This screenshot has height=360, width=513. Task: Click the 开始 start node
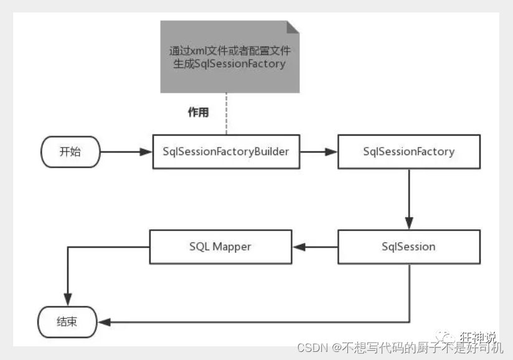[x=70, y=151]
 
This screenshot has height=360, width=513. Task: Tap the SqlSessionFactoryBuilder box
[x=226, y=151]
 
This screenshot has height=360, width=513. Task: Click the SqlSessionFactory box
[x=408, y=151]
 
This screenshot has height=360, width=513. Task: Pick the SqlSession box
[x=408, y=246]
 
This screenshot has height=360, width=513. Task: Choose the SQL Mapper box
[x=220, y=246]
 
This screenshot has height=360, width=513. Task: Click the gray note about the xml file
[x=230, y=57]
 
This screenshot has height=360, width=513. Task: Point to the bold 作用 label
[x=198, y=113]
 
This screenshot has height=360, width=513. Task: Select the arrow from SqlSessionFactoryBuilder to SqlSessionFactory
[x=318, y=151]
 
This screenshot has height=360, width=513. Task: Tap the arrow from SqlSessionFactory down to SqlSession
[x=409, y=199]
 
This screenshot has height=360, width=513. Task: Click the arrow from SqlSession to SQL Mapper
[x=315, y=247]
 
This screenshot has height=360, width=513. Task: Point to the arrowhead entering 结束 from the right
[x=105, y=323]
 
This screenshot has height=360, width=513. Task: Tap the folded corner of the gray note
[x=293, y=27]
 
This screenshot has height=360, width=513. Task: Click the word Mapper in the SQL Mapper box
[x=232, y=246]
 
